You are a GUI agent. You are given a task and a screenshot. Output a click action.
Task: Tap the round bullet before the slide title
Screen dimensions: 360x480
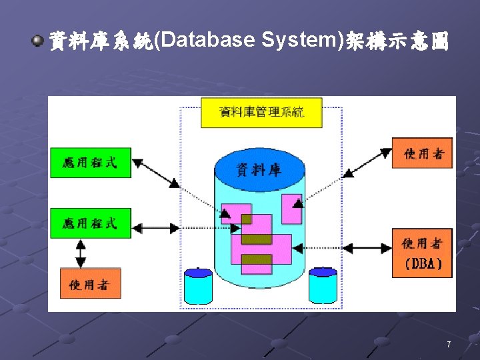tap(37, 42)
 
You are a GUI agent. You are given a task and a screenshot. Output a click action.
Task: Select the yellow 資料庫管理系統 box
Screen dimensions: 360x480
tap(261, 113)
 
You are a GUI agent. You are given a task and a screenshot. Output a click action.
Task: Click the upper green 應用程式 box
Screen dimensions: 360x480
tap(91, 163)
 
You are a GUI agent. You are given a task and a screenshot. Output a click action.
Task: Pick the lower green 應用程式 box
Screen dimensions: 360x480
tap(91, 223)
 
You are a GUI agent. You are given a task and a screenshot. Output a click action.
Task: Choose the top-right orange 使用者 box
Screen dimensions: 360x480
tap(422, 153)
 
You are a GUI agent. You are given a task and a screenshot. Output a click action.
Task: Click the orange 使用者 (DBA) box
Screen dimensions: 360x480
tap(422, 253)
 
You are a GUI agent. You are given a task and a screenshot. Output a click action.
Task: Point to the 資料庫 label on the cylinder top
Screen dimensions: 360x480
tap(259, 170)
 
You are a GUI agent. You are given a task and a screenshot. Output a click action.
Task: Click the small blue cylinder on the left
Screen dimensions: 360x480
tap(198, 286)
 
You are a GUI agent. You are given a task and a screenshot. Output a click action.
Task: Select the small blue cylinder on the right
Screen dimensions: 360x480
tap(323, 286)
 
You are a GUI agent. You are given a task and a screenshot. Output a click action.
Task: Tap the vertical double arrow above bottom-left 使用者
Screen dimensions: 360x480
tap(81, 253)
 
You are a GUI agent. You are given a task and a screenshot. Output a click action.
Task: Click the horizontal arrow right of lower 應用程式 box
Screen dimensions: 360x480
tap(156, 228)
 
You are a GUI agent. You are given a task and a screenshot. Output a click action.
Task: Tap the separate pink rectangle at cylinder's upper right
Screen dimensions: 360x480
tap(291, 209)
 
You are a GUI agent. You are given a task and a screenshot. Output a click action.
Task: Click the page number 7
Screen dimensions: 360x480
tap(449, 345)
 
